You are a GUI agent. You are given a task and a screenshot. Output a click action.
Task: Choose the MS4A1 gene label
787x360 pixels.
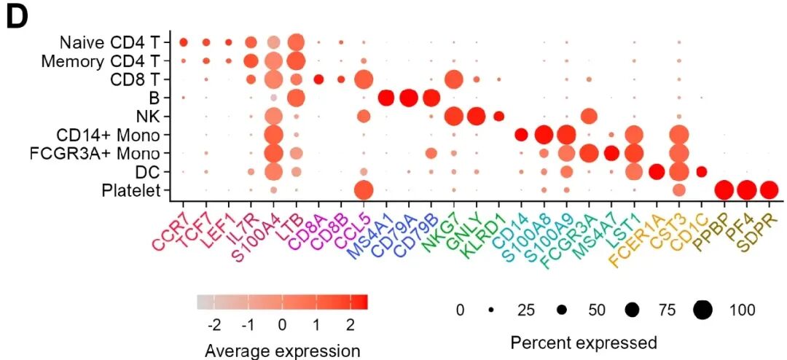(369, 232)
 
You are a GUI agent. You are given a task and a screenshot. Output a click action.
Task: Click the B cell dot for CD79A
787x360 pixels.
(409, 98)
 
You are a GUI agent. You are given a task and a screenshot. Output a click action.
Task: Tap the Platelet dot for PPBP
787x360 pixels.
(724, 191)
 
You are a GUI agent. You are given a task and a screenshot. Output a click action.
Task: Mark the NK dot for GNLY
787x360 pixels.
(477, 117)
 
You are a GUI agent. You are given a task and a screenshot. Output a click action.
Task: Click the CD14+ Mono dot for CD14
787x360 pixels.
(522, 135)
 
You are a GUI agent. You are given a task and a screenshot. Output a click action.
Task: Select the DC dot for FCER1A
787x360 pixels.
(657, 172)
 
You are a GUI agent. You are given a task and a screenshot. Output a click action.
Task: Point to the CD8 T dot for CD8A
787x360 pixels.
(318, 79)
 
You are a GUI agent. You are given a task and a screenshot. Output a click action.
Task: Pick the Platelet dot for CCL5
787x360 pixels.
(364, 191)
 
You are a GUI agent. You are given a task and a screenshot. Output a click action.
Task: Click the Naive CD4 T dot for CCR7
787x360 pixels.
(183, 42)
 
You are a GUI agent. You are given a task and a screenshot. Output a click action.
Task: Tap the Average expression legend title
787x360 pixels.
(282, 351)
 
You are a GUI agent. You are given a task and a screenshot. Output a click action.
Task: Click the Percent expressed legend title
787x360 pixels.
(583, 343)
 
